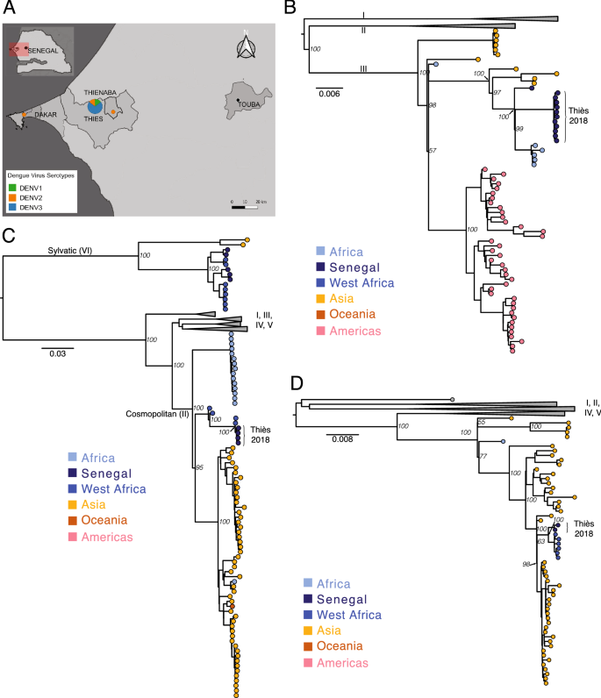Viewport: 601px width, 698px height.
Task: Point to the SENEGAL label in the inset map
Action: (x=43, y=51)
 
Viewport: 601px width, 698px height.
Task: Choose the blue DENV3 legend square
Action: (x=11, y=206)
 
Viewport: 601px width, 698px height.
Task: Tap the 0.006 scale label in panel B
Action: (x=330, y=94)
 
